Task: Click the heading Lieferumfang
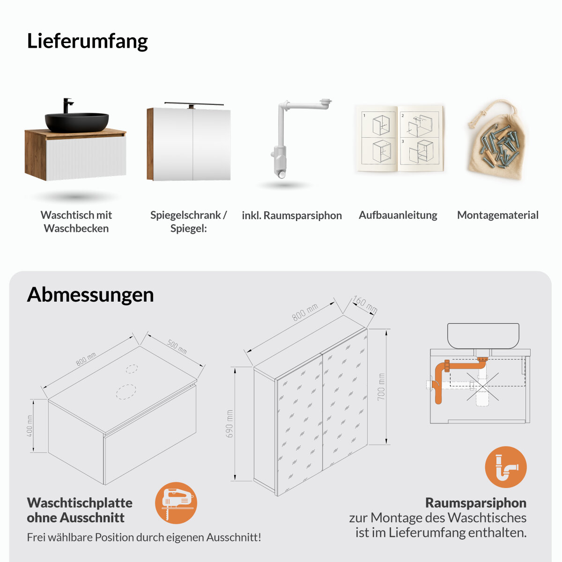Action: pos(87,41)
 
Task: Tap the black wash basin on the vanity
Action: pos(77,122)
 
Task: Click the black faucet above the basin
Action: pos(67,105)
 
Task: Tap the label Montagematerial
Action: pos(497,215)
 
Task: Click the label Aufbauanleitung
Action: pos(398,215)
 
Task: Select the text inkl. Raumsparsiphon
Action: pos(292,215)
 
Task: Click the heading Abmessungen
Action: pos(90,295)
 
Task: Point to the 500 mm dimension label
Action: pos(177,347)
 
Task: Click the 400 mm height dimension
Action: pos(30,426)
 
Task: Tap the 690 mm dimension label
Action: pos(229,424)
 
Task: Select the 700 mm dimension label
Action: pos(381,387)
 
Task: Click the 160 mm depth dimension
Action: pos(364,304)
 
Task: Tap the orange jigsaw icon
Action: pos(176,503)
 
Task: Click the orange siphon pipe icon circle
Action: pos(506,467)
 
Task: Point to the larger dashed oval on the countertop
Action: pos(126,392)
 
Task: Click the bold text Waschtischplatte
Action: pos(80,503)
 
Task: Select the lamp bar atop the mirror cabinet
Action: pos(194,104)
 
